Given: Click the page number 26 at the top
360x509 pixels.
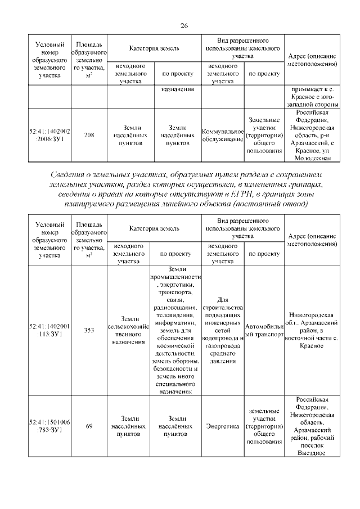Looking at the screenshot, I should pyautogui.click(x=183, y=25).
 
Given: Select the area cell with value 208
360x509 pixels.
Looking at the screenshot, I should pyautogui.click(x=89, y=135).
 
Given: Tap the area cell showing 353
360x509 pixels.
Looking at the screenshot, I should pyautogui.click(x=89, y=330).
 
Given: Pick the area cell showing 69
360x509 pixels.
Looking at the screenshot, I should pyautogui.click(x=89, y=426).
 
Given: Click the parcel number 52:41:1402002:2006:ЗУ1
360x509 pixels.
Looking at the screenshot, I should pyautogui.click(x=49, y=135).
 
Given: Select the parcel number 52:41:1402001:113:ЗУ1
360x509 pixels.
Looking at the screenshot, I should pyautogui.click(x=49, y=330).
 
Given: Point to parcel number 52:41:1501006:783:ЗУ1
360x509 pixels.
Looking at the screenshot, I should pyautogui.click(x=49, y=426).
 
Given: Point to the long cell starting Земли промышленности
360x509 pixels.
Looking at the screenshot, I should pyautogui.click(x=176, y=330).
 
